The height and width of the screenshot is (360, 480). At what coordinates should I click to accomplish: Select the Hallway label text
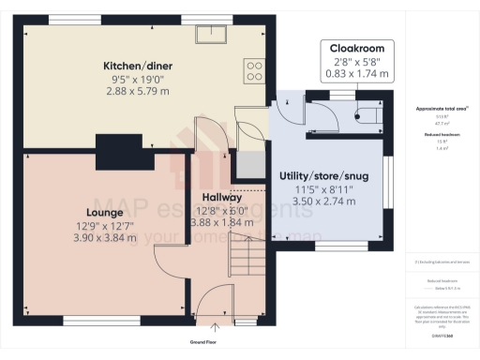pyautogui.click(x=222, y=197)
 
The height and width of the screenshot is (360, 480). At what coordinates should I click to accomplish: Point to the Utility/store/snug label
pyautogui.click(x=323, y=177)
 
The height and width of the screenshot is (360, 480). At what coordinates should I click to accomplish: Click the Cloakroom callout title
pyautogui.click(x=356, y=47)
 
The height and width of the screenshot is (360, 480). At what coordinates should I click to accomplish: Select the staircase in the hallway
pyautogui.click(x=248, y=252)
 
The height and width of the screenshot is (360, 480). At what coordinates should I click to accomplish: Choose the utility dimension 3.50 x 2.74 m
pyautogui.click(x=323, y=202)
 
